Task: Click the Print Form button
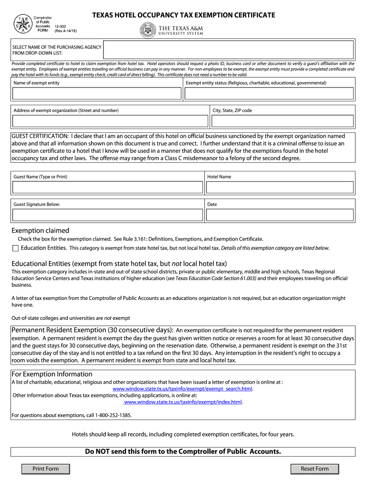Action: [x=46, y=469]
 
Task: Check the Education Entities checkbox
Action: [x=15, y=248]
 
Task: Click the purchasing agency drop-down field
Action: [x=228, y=50]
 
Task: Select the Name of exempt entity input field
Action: [x=97, y=93]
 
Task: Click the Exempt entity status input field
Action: [x=269, y=93]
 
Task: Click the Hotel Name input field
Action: [x=279, y=187]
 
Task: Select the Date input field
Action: [x=279, y=215]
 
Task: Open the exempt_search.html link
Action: [x=183, y=389]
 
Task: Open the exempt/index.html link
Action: [x=183, y=402]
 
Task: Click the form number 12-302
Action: [x=60, y=27]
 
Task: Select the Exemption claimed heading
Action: [x=40, y=231]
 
